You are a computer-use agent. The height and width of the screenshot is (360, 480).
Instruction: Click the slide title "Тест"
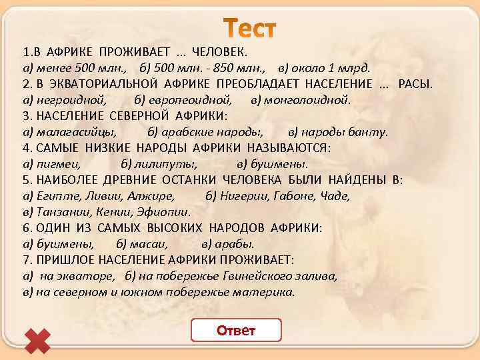(x=248, y=29)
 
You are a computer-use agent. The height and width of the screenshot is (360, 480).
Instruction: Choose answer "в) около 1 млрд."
(x=325, y=68)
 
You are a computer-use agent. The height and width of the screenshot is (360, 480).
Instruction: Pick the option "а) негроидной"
(x=64, y=100)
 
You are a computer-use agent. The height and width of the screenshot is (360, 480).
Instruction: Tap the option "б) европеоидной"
(x=183, y=100)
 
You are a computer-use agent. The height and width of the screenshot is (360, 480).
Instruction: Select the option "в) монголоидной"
(x=300, y=100)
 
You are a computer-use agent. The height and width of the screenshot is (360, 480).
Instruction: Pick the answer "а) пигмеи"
(x=51, y=164)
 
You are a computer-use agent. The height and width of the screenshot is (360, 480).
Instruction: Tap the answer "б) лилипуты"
(x=159, y=164)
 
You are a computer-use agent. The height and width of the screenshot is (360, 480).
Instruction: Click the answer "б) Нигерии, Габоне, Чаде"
(x=278, y=196)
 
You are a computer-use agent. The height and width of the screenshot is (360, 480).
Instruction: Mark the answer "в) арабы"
(x=227, y=244)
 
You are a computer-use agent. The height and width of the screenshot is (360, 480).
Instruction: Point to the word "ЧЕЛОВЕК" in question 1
(x=219, y=52)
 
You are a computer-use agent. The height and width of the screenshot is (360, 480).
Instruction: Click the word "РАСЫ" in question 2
(x=415, y=84)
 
